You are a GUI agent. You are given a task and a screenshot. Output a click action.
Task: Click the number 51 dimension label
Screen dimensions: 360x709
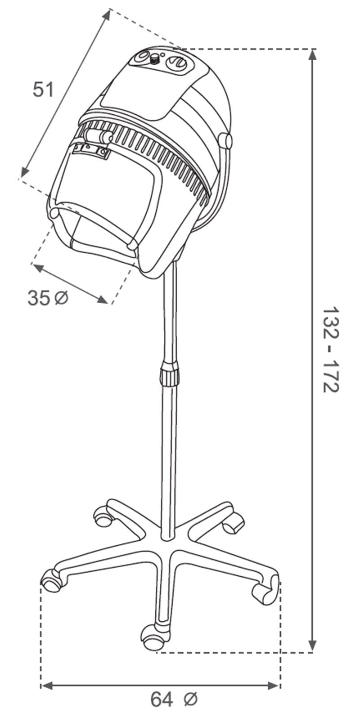[43, 89]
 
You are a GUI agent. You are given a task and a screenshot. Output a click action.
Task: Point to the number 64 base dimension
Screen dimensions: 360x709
[162, 699]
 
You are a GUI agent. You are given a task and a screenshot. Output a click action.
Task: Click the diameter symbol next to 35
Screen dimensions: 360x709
[61, 297]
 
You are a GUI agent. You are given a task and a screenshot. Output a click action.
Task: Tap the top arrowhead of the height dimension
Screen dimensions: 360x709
[313, 57]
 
